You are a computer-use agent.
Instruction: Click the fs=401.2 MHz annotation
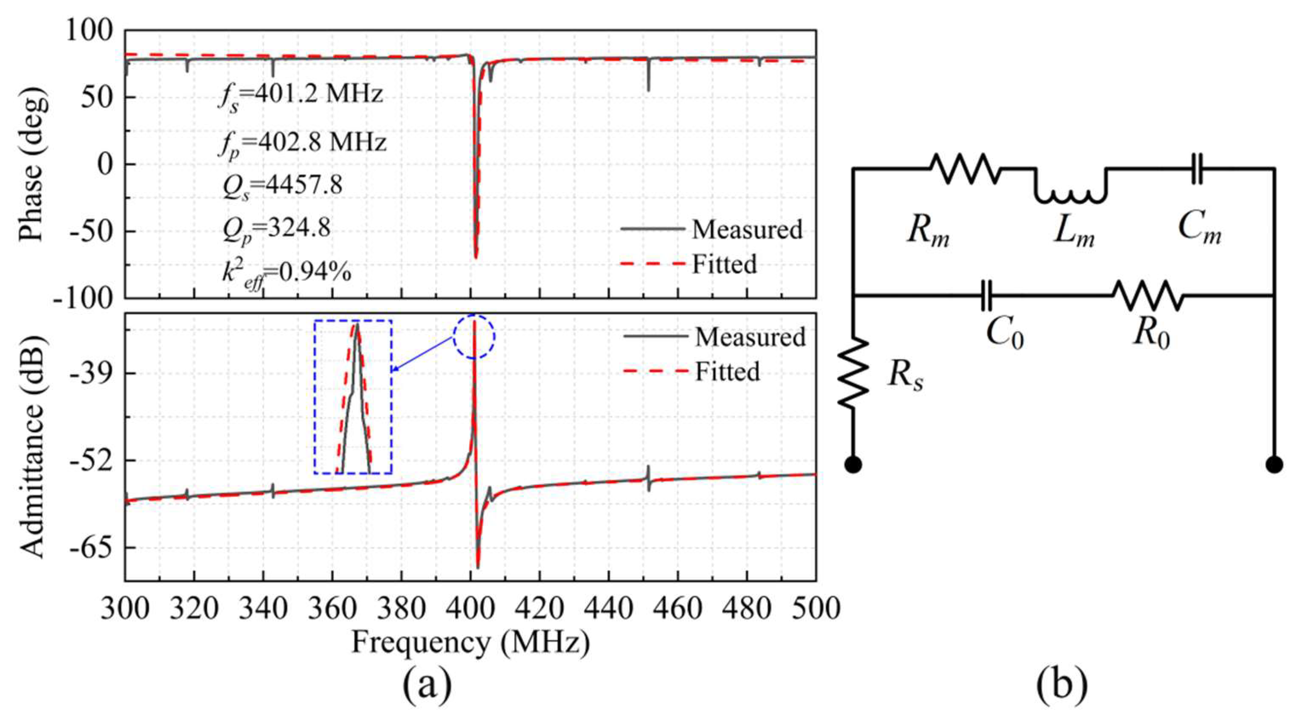click(300, 95)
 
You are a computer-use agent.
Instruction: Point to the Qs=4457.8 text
click(283, 186)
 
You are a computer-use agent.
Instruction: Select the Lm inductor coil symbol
click(1071, 194)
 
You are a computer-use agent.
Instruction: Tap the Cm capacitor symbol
click(1198, 169)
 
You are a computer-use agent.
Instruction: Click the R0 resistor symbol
click(1148, 296)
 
